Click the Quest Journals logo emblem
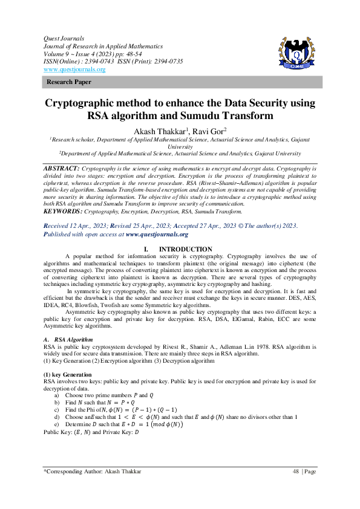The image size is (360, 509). click(296, 53)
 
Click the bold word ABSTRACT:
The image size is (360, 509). click(62, 167)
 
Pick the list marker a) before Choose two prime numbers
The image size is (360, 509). click(57, 395)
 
